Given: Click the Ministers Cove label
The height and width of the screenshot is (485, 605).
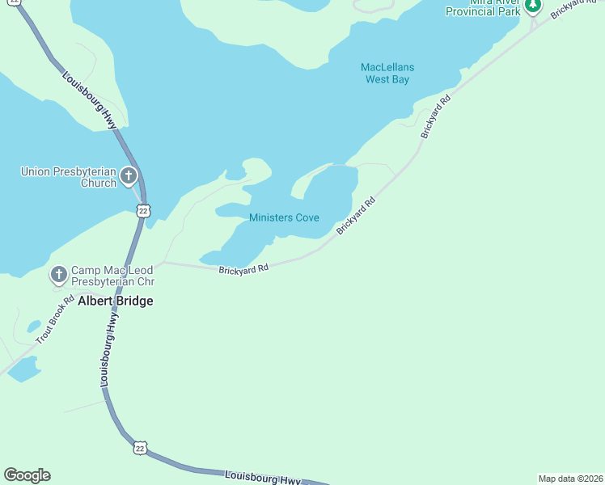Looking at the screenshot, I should click(284, 218).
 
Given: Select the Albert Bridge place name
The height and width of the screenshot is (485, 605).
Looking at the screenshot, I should click(115, 301).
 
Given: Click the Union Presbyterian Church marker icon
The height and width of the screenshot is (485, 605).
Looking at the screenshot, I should click(128, 175).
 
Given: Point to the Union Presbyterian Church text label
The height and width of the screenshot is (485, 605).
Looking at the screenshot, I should click(69, 177).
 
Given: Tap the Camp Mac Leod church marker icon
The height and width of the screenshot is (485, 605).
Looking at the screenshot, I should click(58, 276).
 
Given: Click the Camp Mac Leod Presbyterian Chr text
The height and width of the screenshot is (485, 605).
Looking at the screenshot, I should click(112, 276).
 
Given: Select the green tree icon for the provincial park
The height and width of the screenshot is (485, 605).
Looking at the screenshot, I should click(532, 6).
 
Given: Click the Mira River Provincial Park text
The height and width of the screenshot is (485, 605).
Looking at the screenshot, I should click(484, 8).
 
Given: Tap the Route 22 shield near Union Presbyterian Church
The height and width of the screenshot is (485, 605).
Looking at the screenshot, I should click(143, 210).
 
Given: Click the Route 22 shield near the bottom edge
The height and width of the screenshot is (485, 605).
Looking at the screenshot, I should click(141, 447).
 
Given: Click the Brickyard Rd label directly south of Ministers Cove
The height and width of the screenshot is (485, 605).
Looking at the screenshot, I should click(243, 269).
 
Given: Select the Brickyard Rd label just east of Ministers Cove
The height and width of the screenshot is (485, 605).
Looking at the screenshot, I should click(357, 216).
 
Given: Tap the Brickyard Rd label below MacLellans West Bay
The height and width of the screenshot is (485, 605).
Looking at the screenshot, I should click(434, 118).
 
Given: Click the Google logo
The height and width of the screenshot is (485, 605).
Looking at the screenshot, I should click(27, 475).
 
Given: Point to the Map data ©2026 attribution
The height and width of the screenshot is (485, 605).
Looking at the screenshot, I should click(570, 478).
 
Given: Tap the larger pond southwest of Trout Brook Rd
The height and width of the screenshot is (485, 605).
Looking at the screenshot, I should click(23, 369).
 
